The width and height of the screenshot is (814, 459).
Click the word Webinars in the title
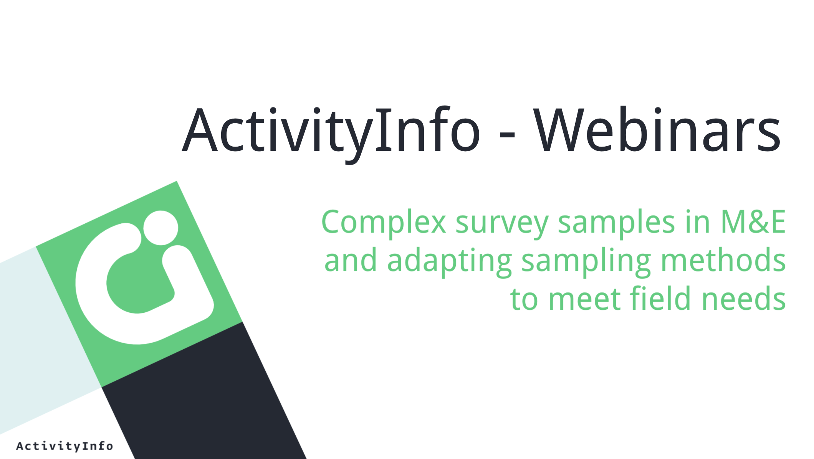tap(657, 130)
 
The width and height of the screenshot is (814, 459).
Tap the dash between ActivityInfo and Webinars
tap(507, 134)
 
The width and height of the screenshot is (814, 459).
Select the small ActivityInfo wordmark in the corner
tap(65, 446)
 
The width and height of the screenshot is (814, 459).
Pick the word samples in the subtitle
tap(616, 223)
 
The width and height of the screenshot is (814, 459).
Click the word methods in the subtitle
tap(723, 260)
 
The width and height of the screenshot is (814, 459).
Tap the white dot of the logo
tap(161, 228)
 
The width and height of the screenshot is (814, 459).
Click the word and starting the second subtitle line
tap(351, 260)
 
